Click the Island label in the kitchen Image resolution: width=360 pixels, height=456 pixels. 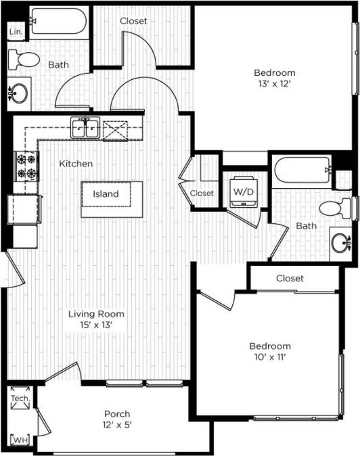(x=106, y=194)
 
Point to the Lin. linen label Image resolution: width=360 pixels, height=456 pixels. (x=14, y=32)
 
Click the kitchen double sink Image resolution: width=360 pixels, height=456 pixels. (x=87, y=128)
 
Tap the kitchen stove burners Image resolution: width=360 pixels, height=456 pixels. (x=26, y=166)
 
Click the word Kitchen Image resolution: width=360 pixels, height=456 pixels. (x=76, y=164)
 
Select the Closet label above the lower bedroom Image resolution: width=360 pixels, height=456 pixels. (x=290, y=278)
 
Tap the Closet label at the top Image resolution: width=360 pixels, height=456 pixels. (x=133, y=21)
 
